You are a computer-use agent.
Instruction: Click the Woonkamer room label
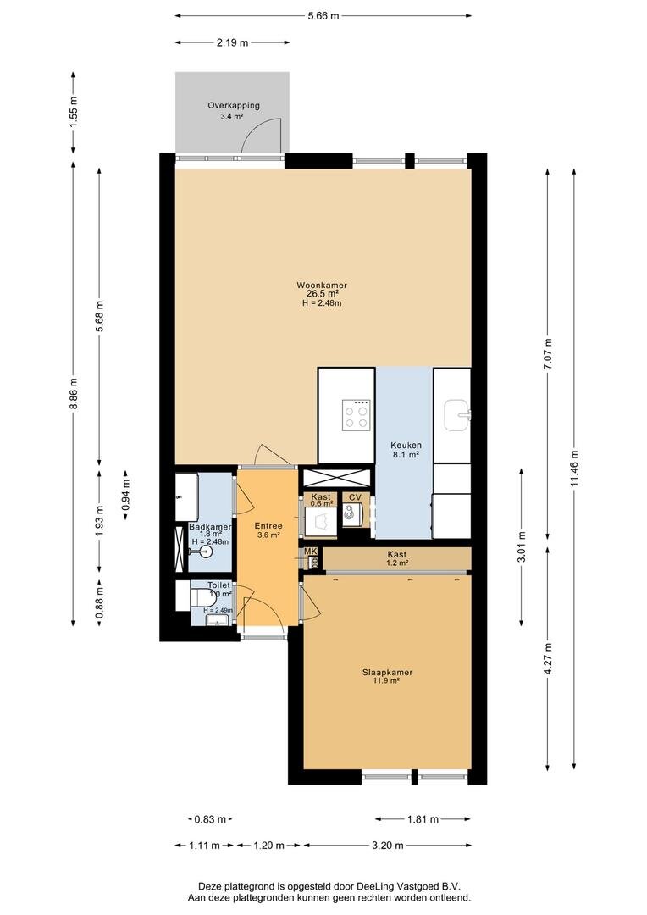pyautogui.click(x=322, y=286)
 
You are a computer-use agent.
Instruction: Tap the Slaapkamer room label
pyautogui.click(x=387, y=672)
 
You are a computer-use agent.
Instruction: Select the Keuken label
pyautogui.click(x=406, y=446)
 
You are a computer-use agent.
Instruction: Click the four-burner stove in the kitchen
pyautogui.click(x=356, y=415)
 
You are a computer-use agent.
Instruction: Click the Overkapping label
pyautogui.click(x=234, y=106)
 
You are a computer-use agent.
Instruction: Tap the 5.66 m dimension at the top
pyautogui.click(x=323, y=16)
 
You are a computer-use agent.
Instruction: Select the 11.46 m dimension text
pyautogui.click(x=574, y=468)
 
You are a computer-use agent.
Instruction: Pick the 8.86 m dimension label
pyautogui.click(x=73, y=394)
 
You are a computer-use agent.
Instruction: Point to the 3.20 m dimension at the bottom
pyautogui.click(x=387, y=845)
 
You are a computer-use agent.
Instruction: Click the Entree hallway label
pyautogui.click(x=268, y=526)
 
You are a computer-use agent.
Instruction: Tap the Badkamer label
pyautogui.click(x=210, y=527)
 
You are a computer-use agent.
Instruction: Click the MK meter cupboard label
pyautogui.click(x=310, y=552)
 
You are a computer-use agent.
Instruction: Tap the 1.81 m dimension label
pyautogui.click(x=423, y=819)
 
